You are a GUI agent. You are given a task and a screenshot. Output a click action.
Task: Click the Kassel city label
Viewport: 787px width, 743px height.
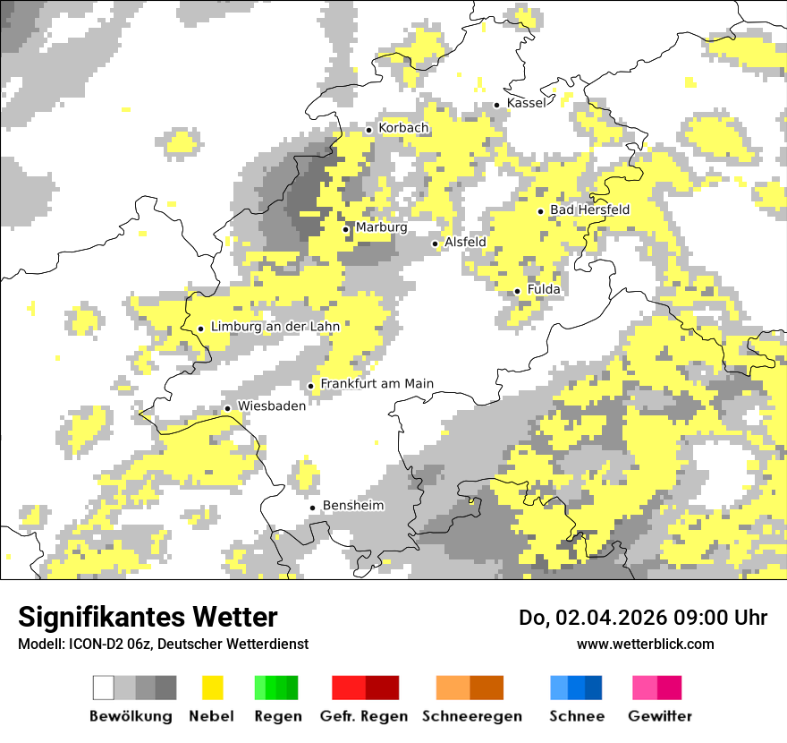[526, 103]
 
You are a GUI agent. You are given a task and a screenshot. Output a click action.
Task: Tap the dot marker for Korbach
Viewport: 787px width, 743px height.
[368, 130]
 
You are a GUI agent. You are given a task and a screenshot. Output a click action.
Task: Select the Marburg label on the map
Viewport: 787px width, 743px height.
[381, 227]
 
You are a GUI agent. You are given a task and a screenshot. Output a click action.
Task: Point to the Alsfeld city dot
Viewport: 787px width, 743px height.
[436, 243]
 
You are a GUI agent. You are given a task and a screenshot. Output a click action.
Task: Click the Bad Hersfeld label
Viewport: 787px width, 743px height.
[589, 209]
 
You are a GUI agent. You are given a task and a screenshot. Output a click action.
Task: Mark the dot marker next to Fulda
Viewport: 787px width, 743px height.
[517, 291]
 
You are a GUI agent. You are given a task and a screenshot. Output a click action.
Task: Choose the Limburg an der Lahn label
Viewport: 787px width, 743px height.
[275, 327]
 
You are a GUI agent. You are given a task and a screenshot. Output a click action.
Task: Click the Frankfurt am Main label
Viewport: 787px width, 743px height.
[377, 384]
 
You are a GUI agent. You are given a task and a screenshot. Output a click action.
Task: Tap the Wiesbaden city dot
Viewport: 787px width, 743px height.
[227, 408]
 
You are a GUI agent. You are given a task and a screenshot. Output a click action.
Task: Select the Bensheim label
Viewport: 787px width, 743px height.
[352, 506]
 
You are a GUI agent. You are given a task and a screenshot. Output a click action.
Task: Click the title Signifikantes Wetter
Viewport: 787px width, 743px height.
[148, 618]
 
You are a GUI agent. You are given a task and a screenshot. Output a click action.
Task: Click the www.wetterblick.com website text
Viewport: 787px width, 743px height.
[645, 645]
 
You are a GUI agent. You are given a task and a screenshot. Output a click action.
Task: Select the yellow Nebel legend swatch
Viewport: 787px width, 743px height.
[213, 687]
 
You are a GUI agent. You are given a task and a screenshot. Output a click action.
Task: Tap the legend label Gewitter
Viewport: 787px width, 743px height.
[659, 716]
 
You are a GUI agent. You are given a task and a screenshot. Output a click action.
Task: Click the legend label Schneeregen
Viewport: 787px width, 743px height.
[471, 716]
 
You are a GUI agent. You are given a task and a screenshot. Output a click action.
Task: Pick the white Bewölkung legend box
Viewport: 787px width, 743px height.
[104, 687]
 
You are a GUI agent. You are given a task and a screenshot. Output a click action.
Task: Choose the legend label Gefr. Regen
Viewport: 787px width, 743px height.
[364, 716]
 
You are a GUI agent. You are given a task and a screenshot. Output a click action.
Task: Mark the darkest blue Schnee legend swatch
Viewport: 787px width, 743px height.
[594, 687]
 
